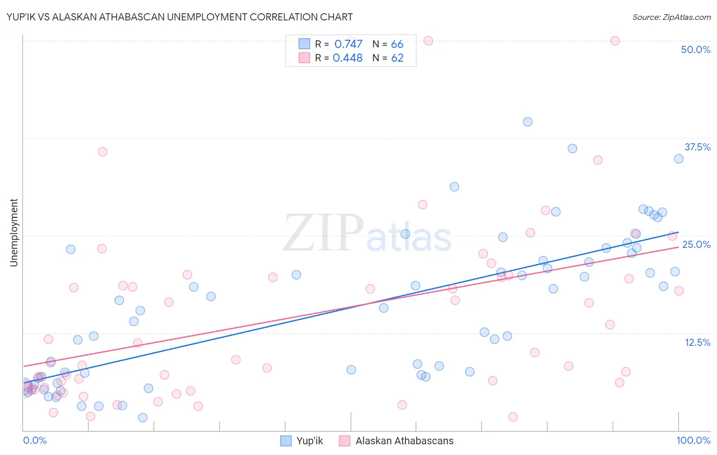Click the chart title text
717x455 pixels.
point(180,17)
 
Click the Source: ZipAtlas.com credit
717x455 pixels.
point(671,17)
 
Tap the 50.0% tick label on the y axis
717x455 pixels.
point(696,49)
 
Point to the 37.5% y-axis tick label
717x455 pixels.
point(697,147)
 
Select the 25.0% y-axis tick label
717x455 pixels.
point(696,244)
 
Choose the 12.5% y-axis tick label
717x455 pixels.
point(697,342)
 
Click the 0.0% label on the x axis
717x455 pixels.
point(35,440)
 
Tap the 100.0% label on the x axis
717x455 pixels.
point(693,440)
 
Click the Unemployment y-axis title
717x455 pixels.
point(14,233)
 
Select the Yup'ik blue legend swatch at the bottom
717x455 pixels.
point(286,441)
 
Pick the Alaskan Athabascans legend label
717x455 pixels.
point(404,441)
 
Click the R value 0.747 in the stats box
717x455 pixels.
point(348,44)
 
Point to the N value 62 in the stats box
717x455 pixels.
point(397,58)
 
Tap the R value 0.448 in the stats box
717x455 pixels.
point(348,58)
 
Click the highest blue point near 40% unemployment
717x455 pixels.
point(528,122)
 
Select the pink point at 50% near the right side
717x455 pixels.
point(615,41)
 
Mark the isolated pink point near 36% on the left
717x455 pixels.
point(103,151)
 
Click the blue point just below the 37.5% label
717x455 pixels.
point(679,159)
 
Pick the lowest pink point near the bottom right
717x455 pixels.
point(513,417)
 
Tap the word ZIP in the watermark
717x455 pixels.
point(323,233)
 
